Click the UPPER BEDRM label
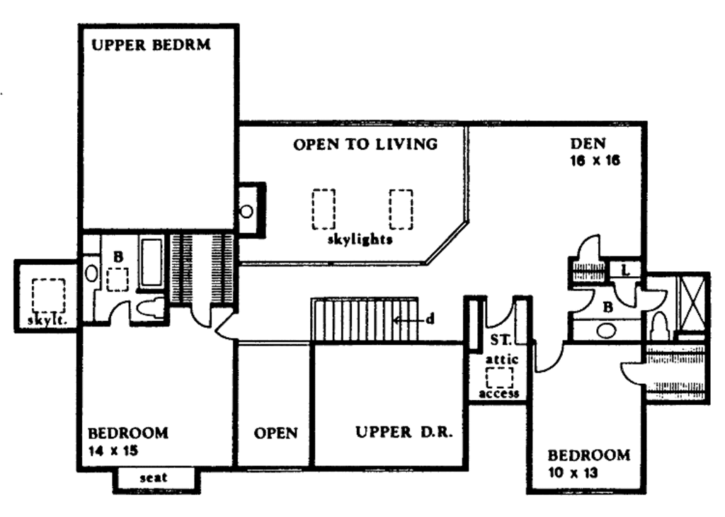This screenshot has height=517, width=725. click(152, 46)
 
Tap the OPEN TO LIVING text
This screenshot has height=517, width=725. click(365, 144)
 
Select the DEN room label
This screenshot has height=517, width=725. click(588, 144)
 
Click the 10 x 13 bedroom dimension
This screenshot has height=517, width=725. click(573, 471)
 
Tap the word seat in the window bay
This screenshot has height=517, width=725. click(154, 478)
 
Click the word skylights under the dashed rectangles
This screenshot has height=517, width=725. click(360, 239)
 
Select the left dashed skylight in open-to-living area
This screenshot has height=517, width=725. click(324, 208)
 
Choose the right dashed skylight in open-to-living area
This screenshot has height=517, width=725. click(401, 208)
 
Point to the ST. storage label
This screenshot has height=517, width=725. click(498, 339)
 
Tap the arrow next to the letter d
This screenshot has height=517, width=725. click(406, 319)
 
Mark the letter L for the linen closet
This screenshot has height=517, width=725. click(626, 269)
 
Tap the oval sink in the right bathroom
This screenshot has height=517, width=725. click(606, 329)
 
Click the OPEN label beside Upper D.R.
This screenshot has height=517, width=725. click(275, 433)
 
